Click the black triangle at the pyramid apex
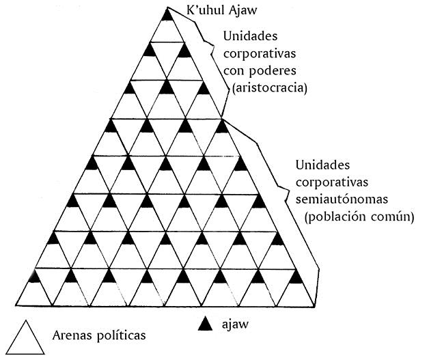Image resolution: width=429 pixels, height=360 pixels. point(168,14)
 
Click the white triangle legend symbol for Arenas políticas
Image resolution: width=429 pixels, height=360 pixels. point(26,338)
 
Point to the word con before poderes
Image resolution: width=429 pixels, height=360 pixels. point(232,72)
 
